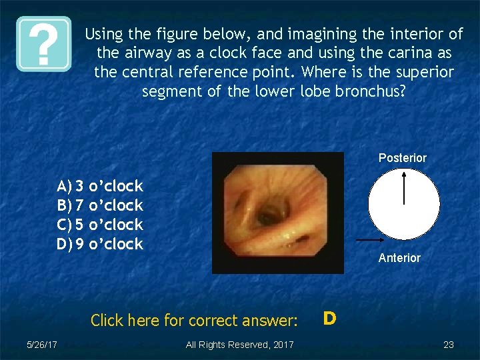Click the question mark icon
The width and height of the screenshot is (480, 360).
coord(44,44)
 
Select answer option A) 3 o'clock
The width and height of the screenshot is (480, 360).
coord(100,185)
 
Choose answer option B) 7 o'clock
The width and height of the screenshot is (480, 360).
coord(100,205)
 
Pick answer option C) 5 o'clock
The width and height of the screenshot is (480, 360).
coord(100,224)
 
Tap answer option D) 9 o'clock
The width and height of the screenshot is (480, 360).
coord(100,244)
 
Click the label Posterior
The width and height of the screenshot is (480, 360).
coord(402,158)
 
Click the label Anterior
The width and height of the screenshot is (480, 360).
coord(399,258)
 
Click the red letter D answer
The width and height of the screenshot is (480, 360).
coord(329,319)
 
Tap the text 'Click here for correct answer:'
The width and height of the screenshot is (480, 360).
coord(194,321)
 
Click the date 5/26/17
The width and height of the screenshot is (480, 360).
coord(41,345)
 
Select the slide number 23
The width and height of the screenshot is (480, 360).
coord(448,345)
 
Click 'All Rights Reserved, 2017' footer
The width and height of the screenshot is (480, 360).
coord(239,345)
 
